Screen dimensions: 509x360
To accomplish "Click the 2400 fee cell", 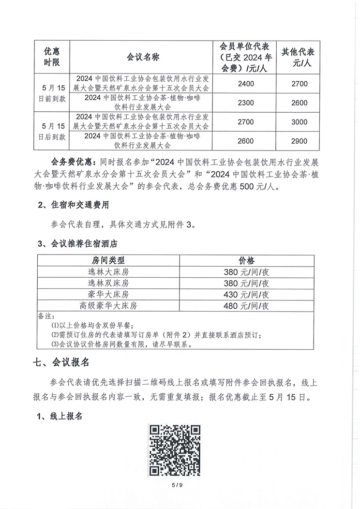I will point(246,84).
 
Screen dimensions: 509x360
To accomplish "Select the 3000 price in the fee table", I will point(300,122).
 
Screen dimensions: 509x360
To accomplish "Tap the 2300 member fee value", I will point(246,103).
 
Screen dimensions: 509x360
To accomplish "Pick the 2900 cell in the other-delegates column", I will point(300,141).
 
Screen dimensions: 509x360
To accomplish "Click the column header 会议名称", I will point(143,57).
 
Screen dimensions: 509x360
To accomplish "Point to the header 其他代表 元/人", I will point(300,57).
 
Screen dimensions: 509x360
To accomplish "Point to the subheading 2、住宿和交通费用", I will point(73,205).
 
